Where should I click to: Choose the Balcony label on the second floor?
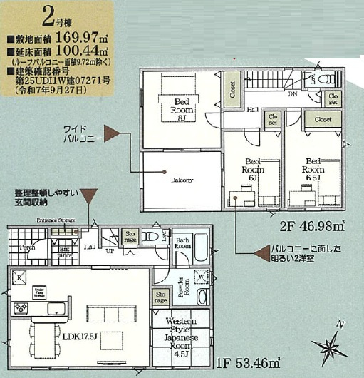tap(182, 180)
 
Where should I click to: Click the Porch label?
tap(27, 247)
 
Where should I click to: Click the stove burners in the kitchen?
tap(21, 308)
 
